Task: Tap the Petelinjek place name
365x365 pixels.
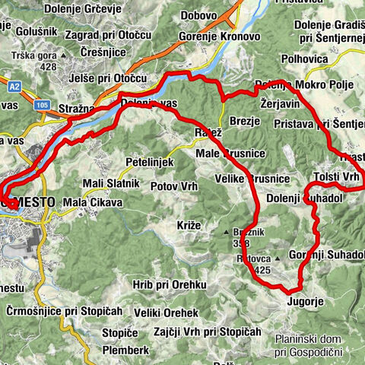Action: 150,162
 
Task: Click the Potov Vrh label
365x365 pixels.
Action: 175,186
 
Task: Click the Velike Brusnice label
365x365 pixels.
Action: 252,178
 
